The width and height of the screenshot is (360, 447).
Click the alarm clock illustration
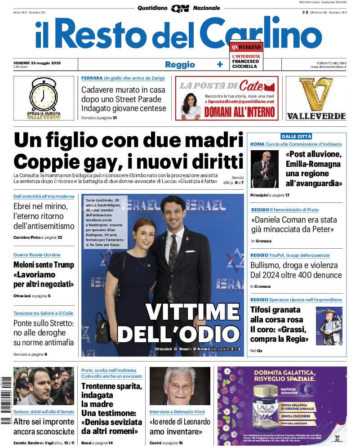[44, 96]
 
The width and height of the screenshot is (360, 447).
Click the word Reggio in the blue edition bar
[180, 64]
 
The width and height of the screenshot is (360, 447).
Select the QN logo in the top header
[180, 8]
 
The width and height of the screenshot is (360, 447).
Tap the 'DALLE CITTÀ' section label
[296, 136]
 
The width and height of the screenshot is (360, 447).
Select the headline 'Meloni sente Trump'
[44, 265]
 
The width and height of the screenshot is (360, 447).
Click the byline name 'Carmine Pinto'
[27, 237]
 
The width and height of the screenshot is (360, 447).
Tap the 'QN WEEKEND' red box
[246, 47]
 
